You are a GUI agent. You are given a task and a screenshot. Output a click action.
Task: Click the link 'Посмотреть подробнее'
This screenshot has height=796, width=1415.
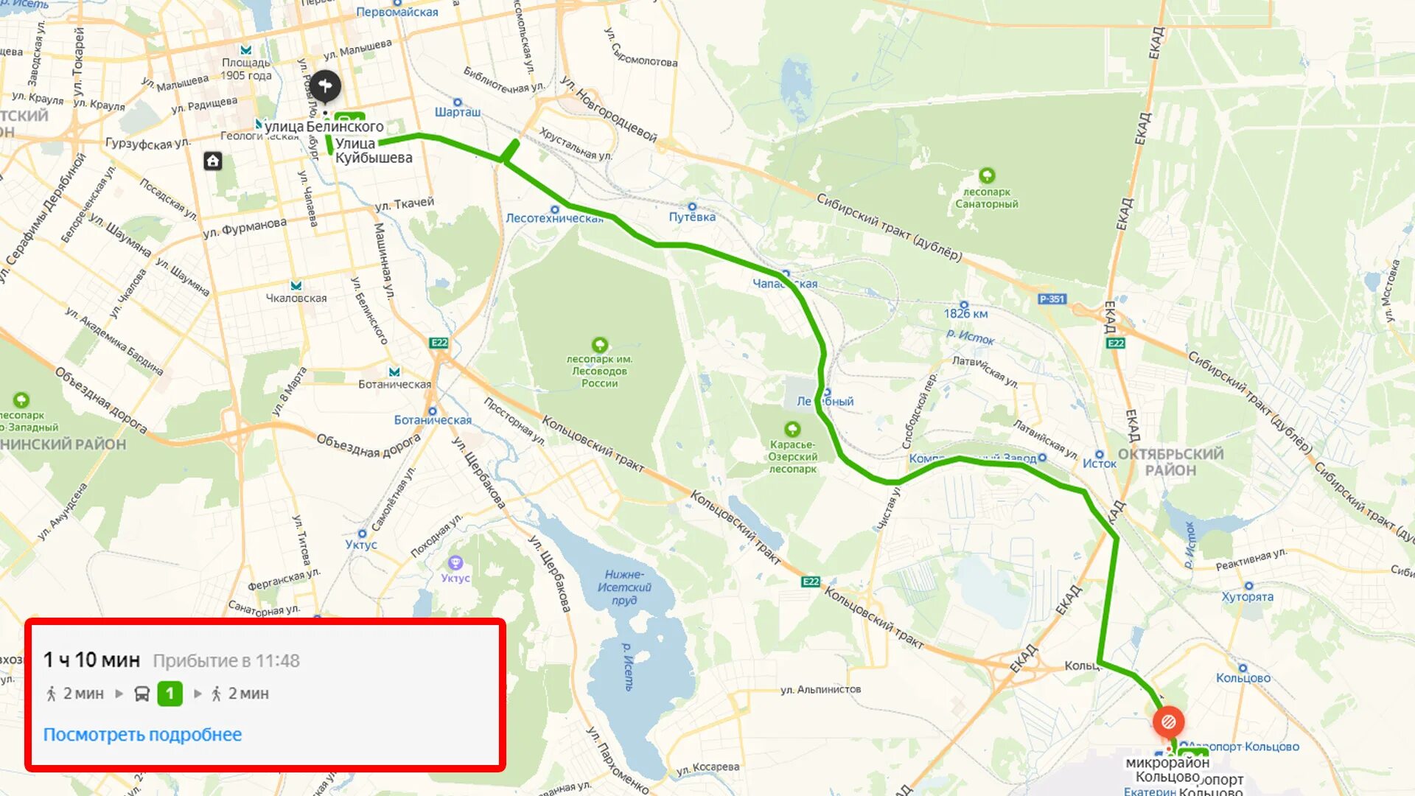(142, 735)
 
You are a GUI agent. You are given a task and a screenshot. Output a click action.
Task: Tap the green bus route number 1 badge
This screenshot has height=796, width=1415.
(170, 694)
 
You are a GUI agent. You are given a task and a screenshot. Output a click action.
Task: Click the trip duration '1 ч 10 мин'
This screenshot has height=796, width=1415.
(91, 660)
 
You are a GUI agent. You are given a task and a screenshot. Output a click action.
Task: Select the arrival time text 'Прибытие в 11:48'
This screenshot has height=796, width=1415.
(226, 661)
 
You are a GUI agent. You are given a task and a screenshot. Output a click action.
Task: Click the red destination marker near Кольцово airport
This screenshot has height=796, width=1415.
(1168, 722)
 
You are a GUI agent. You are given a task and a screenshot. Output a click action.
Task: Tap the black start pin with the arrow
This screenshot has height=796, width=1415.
(324, 86)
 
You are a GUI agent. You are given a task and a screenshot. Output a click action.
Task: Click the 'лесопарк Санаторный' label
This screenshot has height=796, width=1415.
(987, 198)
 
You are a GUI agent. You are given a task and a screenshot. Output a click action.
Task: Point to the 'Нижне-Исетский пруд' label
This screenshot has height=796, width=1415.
(624, 587)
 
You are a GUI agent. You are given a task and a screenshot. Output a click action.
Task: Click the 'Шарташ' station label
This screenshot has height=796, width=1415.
(457, 112)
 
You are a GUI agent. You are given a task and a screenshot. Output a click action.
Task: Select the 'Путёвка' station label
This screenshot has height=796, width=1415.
(692, 217)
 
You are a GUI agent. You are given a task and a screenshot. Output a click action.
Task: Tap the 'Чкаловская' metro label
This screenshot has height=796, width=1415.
(296, 298)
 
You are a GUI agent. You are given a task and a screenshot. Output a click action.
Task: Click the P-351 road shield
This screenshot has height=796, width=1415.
(1052, 299)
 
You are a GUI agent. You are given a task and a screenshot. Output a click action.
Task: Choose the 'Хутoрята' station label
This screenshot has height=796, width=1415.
(1247, 596)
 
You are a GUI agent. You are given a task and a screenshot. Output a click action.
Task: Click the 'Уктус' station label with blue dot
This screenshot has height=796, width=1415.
(361, 544)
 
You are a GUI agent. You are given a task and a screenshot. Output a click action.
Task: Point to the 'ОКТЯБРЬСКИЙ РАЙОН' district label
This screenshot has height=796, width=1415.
(1170, 462)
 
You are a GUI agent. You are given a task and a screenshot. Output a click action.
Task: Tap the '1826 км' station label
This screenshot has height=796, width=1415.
(965, 313)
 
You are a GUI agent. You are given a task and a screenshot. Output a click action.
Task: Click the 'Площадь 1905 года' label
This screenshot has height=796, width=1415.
(246, 69)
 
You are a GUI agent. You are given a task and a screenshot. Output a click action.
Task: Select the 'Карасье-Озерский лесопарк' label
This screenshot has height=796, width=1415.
(792, 456)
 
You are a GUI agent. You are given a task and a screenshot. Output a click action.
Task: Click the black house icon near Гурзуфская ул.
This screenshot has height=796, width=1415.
(213, 161)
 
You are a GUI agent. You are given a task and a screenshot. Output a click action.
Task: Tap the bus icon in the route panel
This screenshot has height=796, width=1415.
(142, 694)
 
